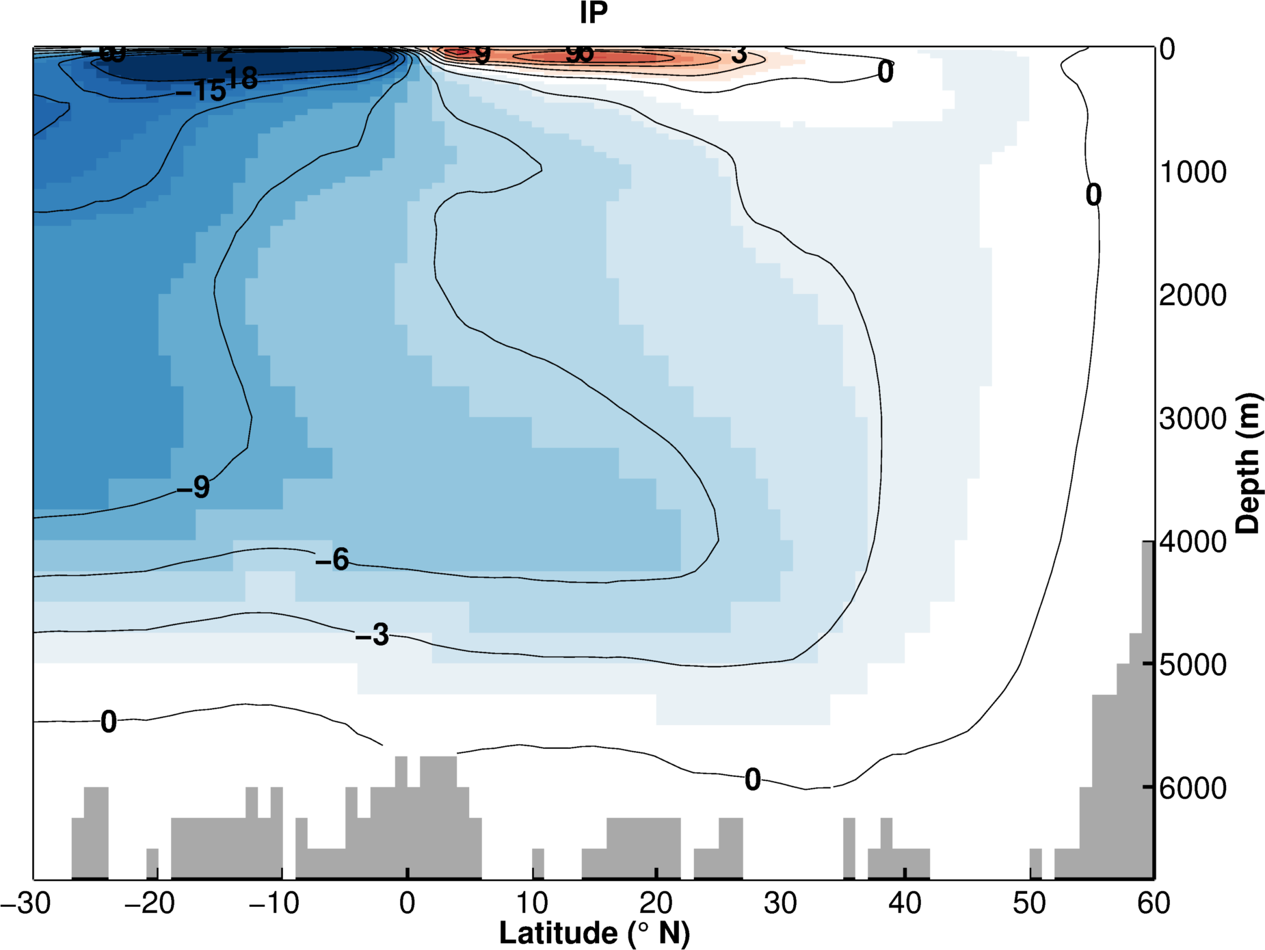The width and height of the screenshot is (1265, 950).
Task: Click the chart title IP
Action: tap(593, 13)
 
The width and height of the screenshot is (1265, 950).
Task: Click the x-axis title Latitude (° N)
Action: tap(594, 933)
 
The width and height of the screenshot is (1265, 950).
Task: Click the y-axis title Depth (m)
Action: tap(1249, 463)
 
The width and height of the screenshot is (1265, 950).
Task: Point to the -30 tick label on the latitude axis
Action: tap(26, 903)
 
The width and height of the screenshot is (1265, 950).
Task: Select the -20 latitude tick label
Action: tap(150, 903)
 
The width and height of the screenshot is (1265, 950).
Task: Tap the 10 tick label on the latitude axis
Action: tap(531, 903)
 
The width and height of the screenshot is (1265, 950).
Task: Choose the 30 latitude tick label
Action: tap(780, 903)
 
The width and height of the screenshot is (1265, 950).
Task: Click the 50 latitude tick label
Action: tap(1029, 903)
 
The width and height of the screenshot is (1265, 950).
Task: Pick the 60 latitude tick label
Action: tap(1154, 903)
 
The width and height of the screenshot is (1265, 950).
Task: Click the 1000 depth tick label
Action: tap(1193, 172)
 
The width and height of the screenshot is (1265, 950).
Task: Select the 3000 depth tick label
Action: tap(1193, 419)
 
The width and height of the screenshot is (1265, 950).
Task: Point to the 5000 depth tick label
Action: tap(1193, 665)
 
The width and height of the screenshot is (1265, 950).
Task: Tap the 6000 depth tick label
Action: tap(1193, 788)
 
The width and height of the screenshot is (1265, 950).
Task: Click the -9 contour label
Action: tap(194, 487)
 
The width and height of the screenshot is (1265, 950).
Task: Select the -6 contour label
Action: tap(332, 559)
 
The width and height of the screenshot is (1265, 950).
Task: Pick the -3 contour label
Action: tap(373, 635)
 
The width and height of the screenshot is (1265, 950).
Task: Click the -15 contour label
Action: tap(201, 90)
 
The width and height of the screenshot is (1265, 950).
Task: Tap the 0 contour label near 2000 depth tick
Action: tap(1093, 195)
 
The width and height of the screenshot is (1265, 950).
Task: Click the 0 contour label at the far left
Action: tap(109, 722)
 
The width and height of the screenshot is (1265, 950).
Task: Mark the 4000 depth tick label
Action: tap(1193, 542)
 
